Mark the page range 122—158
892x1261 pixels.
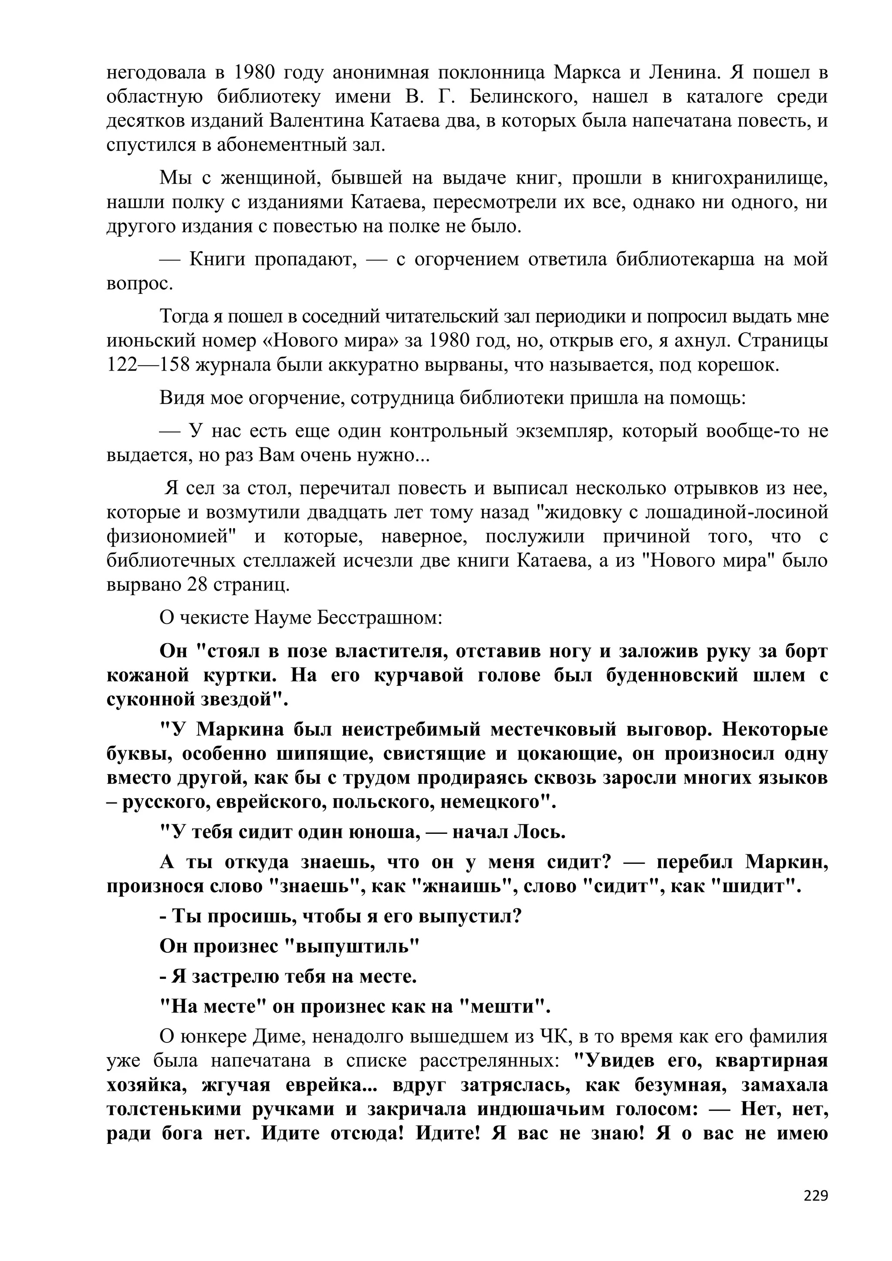point(147,365)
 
